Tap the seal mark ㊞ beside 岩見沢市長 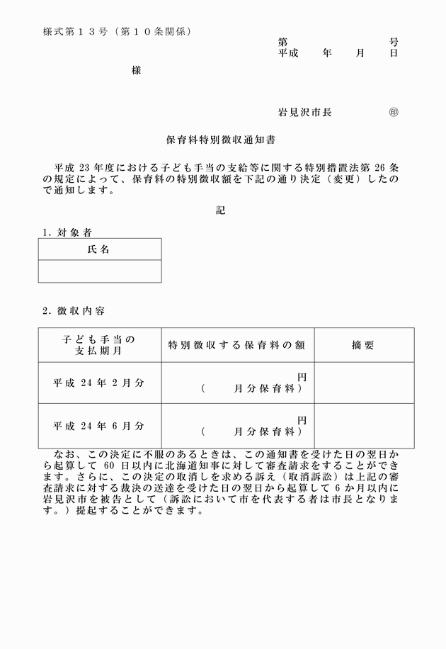[x=394, y=112]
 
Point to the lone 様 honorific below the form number [x=137, y=71]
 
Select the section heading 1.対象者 [x=67, y=232]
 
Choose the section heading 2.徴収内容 [x=74, y=310]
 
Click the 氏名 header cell [x=99, y=249]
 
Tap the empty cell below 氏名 [x=99, y=271]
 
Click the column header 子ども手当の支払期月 [x=99, y=345]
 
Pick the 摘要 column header [x=363, y=345]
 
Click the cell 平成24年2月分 [x=99, y=383]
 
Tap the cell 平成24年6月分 [x=99, y=426]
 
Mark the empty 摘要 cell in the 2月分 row [x=363, y=383]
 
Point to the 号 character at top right [x=394, y=43]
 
